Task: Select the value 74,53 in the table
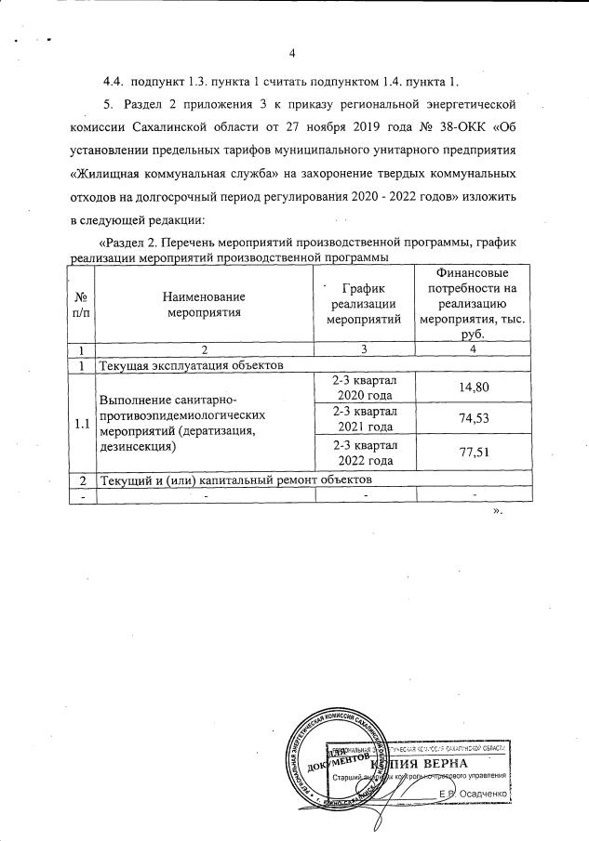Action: [475, 419]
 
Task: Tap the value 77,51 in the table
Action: [475, 453]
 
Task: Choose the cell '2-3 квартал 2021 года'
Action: [365, 419]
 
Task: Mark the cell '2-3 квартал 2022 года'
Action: [365, 453]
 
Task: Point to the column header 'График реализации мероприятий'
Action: [365, 303]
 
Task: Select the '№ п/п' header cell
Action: [81, 303]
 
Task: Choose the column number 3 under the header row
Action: [365, 349]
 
